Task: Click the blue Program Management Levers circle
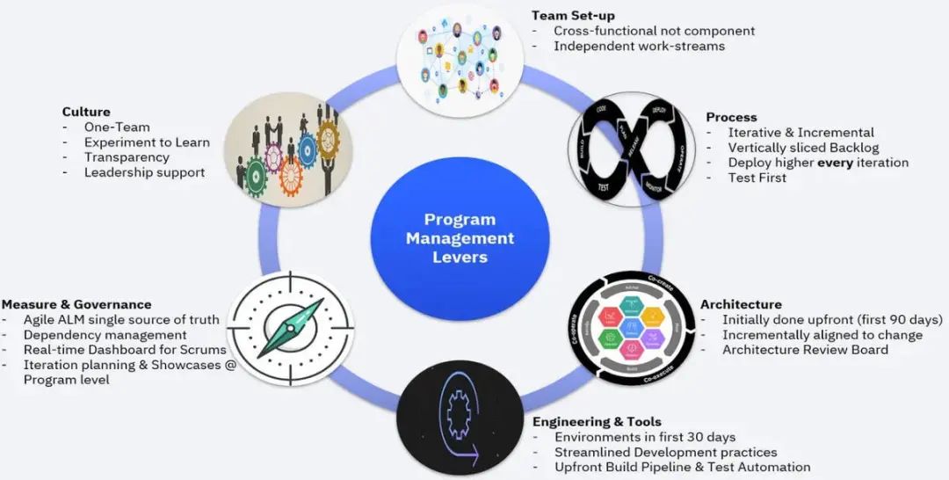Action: tap(460, 237)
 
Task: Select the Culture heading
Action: tap(86, 112)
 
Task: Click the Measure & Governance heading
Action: tap(76, 304)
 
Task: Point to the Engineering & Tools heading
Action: tap(597, 421)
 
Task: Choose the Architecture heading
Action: tap(741, 304)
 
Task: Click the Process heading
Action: tap(731, 117)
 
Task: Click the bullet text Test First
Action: tap(757, 178)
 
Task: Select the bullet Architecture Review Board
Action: tap(805, 349)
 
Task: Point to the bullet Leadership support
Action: tap(144, 172)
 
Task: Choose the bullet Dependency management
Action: tap(105, 335)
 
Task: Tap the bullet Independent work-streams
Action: tap(639, 46)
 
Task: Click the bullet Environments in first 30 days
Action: tap(645, 437)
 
